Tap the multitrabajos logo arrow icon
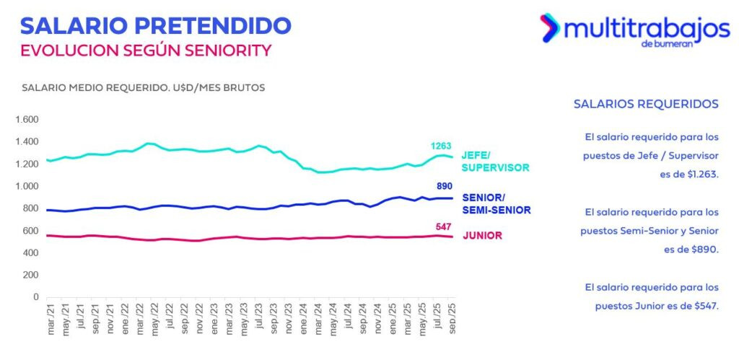tap(550, 27)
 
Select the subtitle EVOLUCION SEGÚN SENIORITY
tap(146, 51)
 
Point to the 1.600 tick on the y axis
tap(26, 120)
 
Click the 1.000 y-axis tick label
tap(26, 186)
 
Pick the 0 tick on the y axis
tap(35, 297)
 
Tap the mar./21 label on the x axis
tap(51, 318)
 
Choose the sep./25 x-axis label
tap(452, 318)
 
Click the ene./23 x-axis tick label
tap(215, 318)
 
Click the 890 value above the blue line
tap(445, 185)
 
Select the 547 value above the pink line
tap(442, 227)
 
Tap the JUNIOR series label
tap(481, 236)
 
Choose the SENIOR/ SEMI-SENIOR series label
tap(496, 203)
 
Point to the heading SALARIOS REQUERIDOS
tap(646, 104)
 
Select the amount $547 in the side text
tap(703, 305)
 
